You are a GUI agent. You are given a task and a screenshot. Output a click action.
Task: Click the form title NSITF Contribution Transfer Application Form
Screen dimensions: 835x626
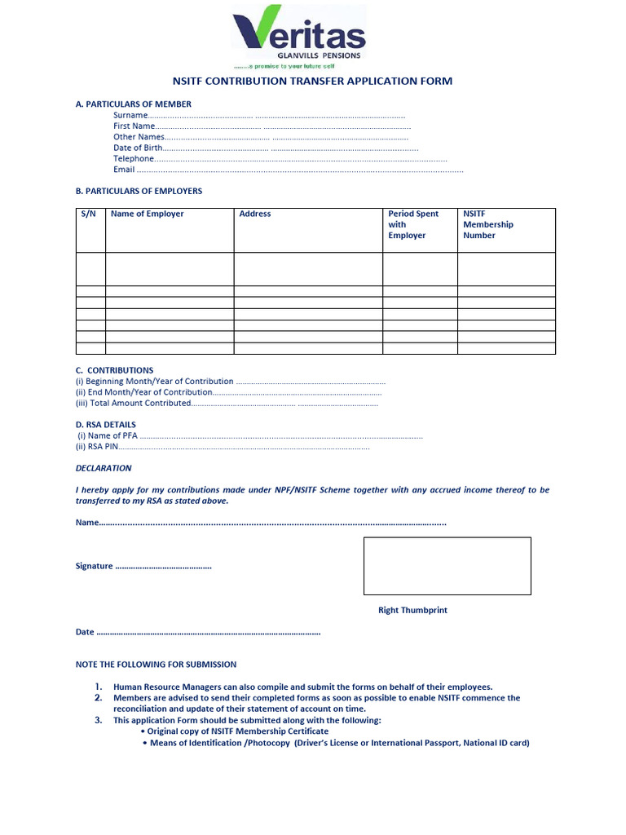coord(312,82)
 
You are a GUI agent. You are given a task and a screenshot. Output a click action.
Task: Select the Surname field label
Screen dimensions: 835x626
coord(130,116)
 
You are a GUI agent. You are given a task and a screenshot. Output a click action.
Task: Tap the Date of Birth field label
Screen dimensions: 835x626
coord(138,148)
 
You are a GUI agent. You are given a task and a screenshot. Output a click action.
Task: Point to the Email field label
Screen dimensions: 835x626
coord(124,170)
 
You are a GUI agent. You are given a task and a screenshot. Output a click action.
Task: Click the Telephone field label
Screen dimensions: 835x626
coord(134,159)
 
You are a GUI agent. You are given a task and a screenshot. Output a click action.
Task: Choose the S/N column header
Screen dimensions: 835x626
coord(89,214)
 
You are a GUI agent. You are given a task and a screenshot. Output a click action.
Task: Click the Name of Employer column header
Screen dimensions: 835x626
coord(148,214)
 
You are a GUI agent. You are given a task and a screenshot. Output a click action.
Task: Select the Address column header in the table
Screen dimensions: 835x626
coord(255,214)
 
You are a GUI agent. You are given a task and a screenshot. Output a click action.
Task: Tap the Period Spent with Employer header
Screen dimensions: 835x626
coord(412,224)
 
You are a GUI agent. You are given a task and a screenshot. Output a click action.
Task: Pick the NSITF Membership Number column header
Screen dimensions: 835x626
coord(488,224)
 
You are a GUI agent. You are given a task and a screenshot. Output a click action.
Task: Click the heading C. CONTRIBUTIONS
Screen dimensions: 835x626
coord(114,370)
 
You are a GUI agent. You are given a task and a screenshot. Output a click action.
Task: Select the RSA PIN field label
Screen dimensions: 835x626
coord(97,447)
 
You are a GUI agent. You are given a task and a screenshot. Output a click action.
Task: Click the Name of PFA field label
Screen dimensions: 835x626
coord(107,436)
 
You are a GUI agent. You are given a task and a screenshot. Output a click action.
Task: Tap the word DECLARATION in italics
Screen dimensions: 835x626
coord(104,468)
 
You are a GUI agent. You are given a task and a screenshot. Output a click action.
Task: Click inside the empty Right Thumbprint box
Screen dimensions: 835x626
coord(447,566)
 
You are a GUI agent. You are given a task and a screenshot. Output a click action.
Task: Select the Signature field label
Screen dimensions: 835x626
coord(94,566)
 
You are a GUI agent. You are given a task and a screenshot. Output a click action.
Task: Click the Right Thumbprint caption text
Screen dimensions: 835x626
coord(412,610)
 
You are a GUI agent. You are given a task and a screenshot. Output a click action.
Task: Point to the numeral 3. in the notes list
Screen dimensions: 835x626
coord(98,721)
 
